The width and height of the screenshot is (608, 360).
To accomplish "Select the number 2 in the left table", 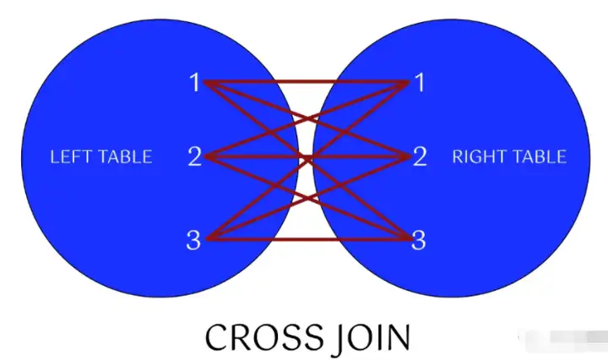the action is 194,157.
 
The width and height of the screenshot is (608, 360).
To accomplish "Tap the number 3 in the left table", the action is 193,240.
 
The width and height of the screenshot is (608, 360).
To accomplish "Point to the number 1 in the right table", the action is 419,83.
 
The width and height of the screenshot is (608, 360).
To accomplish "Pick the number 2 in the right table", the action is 420,157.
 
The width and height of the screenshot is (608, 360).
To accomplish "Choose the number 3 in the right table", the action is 419,240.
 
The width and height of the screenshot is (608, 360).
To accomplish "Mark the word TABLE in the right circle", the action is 536,157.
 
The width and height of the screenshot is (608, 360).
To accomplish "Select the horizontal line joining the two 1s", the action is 307,82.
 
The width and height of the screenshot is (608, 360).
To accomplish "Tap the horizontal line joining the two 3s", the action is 307,237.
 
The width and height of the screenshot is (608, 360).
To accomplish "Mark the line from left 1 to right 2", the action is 253,99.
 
